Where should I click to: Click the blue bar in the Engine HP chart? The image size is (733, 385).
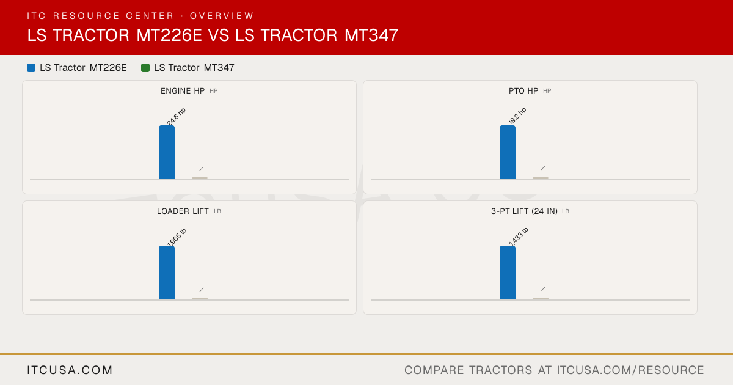(167, 152)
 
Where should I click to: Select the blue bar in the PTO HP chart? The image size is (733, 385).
(508, 152)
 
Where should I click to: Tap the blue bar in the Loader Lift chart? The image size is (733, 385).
(167, 273)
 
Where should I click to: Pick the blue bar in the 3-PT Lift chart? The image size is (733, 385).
(508, 273)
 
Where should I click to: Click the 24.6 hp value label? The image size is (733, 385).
(176, 117)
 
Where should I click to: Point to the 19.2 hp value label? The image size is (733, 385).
(517, 116)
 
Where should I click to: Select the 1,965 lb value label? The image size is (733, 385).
(177, 237)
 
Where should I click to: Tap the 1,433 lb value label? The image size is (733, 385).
(519, 237)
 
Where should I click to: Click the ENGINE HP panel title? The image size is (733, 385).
(183, 90)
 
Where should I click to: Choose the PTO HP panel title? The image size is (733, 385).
(523, 90)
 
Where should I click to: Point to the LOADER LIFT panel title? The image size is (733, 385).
(183, 211)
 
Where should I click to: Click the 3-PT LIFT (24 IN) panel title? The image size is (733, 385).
(524, 211)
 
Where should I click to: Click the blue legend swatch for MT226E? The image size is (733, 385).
(31, 68)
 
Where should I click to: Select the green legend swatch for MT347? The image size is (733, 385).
(145, 68)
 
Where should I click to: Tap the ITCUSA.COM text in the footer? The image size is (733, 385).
(70, 370)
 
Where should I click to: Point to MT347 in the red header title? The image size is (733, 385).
(371, 35)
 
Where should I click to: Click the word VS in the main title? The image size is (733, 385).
(219, 35)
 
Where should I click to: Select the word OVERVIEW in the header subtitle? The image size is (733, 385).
(222, 16)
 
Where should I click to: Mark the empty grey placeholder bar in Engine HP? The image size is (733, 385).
(200, 178)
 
